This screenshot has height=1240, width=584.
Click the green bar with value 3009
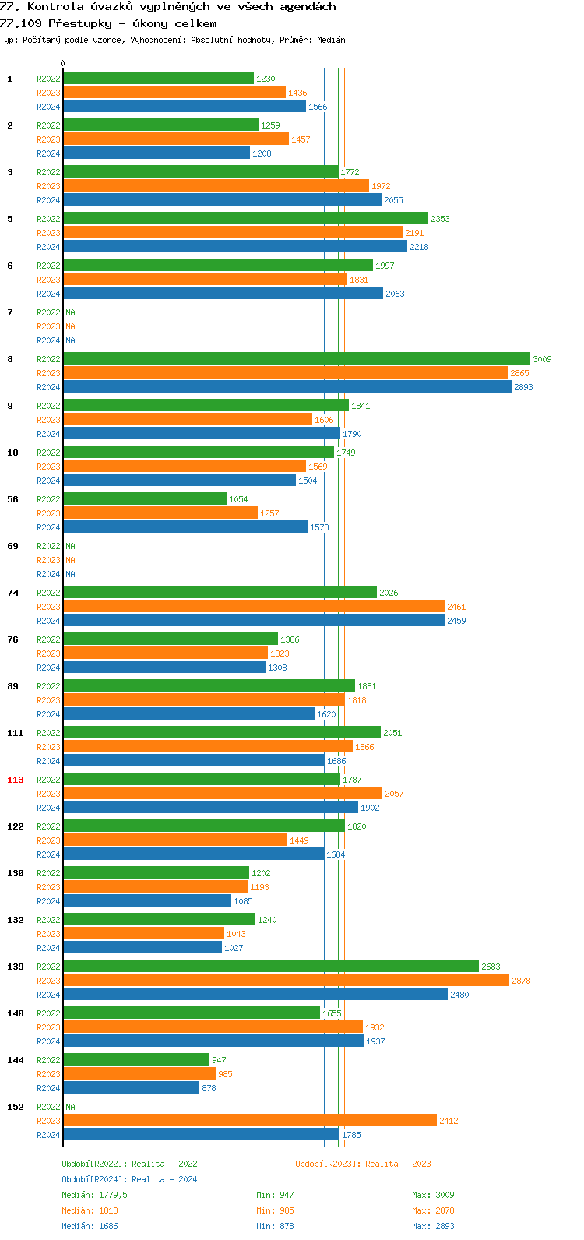(x=296, y=359)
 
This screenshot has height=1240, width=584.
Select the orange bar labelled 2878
(x=286, y=981)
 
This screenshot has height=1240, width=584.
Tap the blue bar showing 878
(x=131, y=1088)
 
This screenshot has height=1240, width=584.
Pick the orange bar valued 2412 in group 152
(x=249, y=1121)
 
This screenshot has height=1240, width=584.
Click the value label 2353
(x=440, y=219)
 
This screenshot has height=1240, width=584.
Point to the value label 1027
(x=234, y=948)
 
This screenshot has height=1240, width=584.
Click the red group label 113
(x=16, y=780)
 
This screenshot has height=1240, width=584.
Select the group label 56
(x=12, y=499)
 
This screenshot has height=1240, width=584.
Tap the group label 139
(x=16, y=967)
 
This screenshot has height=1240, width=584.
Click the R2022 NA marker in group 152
(x=70, y=1107)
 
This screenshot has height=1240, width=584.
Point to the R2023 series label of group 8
(x=48, y=373)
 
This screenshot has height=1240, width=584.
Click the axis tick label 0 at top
(x=63, y=64)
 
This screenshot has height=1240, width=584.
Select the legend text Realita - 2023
(x=397, y=1164)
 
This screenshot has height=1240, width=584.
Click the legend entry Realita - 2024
(x=164, y=1179)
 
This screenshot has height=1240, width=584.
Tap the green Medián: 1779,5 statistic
(x=94, y=1195)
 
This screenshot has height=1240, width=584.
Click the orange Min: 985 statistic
(x=275, y=1210)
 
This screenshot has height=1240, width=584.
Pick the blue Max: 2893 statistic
(x=433, y=1226)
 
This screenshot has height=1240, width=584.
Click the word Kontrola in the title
(x=55, y=6)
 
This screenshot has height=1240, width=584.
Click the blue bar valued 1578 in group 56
(x=185, y=527)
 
